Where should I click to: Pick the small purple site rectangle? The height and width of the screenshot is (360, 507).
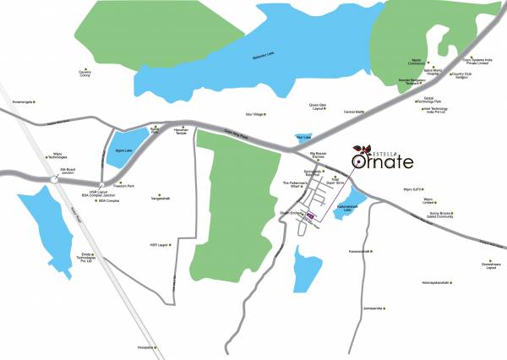tap(312, 216)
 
